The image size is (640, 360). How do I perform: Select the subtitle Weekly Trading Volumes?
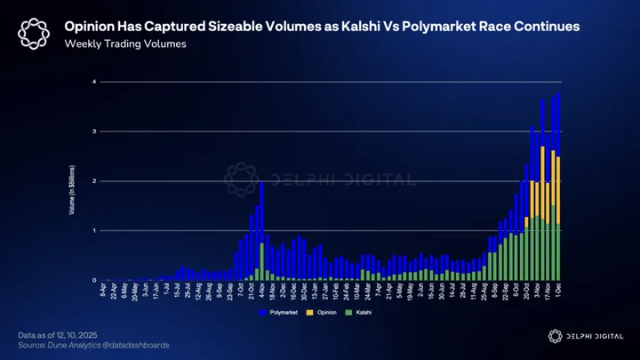coord(124,44)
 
